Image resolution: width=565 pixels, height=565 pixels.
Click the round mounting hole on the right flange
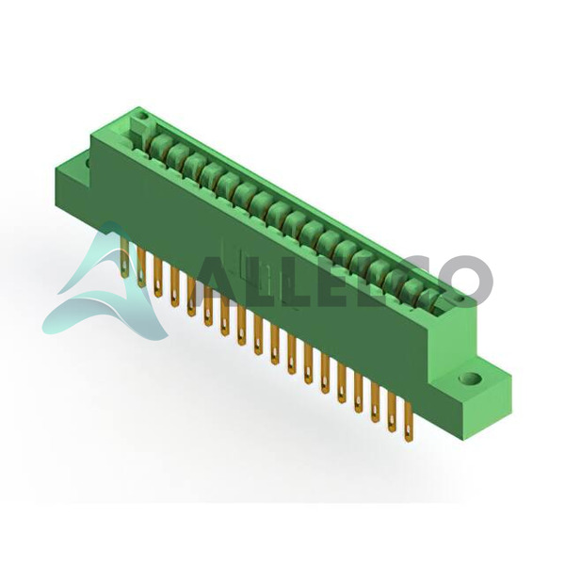pyautogui.click(x=472, y=379)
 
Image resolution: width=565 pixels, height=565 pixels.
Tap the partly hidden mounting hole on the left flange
pyautogui.click(x=88, y=163)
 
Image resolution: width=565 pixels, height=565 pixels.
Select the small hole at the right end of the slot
pyautogui.click(x=460, y=299)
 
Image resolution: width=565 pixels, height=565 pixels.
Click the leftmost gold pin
pyautogui.click(x=124, y=257)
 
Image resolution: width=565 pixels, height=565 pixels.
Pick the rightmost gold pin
pyautogui.click(x=408, y=422)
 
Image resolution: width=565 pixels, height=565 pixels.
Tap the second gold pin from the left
pyautogui.click(x=141, y=264)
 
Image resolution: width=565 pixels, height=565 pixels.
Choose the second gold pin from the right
pyautogui.click(x=392, y=414)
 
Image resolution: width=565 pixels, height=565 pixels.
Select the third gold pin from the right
pyautogui.click(x=375, y=405)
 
